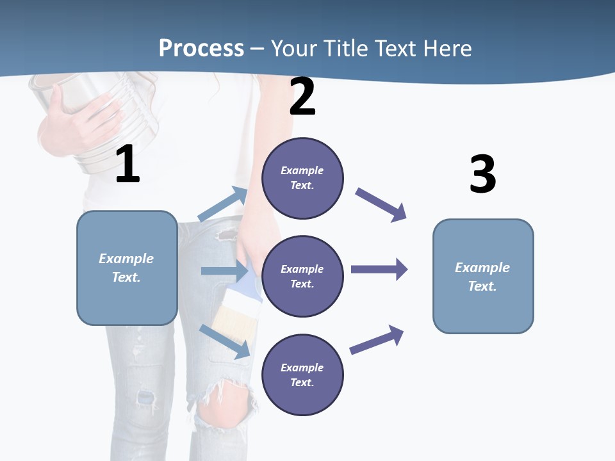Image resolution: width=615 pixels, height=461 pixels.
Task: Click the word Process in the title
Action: click(201, 48)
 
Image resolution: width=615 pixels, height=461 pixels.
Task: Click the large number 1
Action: click(127, 165)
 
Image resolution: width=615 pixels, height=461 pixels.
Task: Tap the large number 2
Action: click(302, 97)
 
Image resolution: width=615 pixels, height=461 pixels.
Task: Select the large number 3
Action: click(482, 174)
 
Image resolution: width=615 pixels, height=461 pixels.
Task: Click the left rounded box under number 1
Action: click(127, 268)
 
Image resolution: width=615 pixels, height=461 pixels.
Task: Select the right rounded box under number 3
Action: click(483, 276)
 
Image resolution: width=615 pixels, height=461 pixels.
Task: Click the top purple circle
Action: click(302, 178)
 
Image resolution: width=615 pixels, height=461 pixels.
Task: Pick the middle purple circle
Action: click(302, 276)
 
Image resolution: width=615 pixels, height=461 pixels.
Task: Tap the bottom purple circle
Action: click(302, 375)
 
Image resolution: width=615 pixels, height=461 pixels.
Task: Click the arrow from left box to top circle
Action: click(223, 204)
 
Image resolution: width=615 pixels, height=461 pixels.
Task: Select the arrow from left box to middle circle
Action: click(224, 271)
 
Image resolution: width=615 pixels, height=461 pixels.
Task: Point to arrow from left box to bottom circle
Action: click(224, 341)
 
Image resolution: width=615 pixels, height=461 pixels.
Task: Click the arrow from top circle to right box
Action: click(381, 205)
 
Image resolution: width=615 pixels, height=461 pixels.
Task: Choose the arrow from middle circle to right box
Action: click(379, 269)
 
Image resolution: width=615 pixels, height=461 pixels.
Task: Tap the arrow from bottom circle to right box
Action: click(377, 341)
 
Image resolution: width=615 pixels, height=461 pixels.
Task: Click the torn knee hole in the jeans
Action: click(224, 400)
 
